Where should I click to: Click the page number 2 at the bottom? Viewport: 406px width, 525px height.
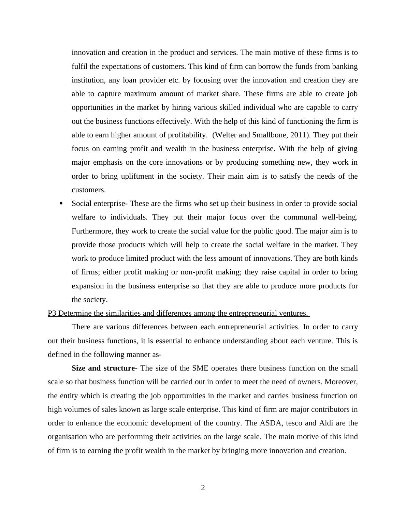pyautogui.click(x=203, y=488)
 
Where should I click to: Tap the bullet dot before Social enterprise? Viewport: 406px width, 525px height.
pyautogui.click(x=61, y=204)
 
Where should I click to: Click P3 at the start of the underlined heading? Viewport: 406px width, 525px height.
pyautogui.click(x=52, y=313)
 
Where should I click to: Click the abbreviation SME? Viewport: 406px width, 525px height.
pyautogui.click(x=200, y=368)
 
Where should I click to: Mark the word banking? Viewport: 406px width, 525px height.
pyautogui.click(x=345, y=66)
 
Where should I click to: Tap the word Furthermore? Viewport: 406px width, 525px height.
pyautogui.click(x=92, y=231)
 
